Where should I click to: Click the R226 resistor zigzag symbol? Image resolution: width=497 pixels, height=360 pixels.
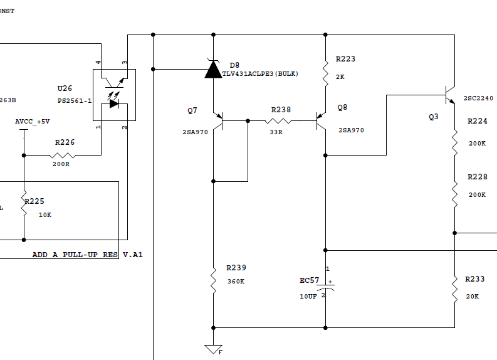click(63, 156)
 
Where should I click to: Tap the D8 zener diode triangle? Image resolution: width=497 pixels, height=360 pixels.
click(213, 69)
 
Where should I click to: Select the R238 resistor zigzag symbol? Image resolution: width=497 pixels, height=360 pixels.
click(278, 121)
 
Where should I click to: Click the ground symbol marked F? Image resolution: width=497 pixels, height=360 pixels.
click(214, 349)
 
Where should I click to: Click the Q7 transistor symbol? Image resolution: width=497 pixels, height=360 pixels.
click(218, 121)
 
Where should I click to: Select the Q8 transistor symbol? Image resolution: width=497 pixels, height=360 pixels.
click(321, 121)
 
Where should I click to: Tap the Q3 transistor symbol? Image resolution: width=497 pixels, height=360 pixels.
click(450, 95)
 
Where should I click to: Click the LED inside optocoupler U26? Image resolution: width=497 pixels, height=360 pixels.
click(114, 103)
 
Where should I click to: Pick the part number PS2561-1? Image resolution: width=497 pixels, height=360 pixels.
click(75, 101)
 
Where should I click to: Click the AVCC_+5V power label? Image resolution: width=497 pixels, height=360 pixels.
click(33, 122)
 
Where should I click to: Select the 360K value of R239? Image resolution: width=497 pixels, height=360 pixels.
click(236, 282)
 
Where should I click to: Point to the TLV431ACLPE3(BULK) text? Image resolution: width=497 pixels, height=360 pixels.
click(260, 74)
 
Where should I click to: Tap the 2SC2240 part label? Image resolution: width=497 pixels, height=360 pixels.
click(478, 98)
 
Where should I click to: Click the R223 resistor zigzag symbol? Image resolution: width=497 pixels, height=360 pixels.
click(325, 74)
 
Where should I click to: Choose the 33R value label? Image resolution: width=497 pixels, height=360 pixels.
click(276, 132)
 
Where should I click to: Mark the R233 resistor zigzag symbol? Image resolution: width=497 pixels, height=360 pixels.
click(455, 289)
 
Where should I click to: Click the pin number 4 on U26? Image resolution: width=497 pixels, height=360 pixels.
click(98, 62)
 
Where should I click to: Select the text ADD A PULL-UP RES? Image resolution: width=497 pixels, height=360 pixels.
click(75, 255)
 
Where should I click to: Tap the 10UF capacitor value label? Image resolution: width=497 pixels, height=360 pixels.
click(308, 296)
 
